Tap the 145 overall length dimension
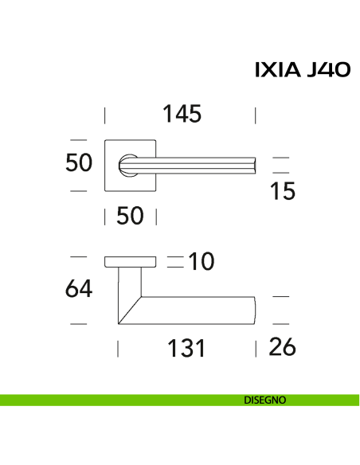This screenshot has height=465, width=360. [x=182, y=114]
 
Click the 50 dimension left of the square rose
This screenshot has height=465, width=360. [x=79, y=162]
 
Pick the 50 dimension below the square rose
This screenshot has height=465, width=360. [x=131, y=215]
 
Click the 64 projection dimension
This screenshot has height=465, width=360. [x=78, y=288]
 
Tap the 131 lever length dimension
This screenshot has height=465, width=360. [x=184, y=348]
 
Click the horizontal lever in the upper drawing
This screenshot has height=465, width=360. [x=199, y=165]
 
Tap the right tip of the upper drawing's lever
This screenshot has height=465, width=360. [x=254, y=165]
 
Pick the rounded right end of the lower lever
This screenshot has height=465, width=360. [x=254, y=311]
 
